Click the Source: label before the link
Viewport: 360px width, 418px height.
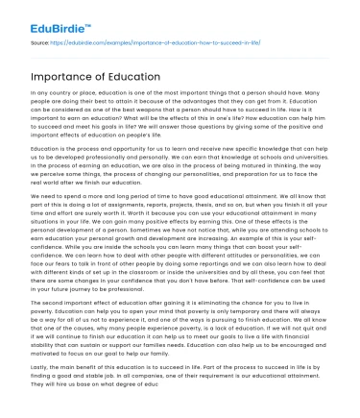pyautogui.click(x=40, y=44)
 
